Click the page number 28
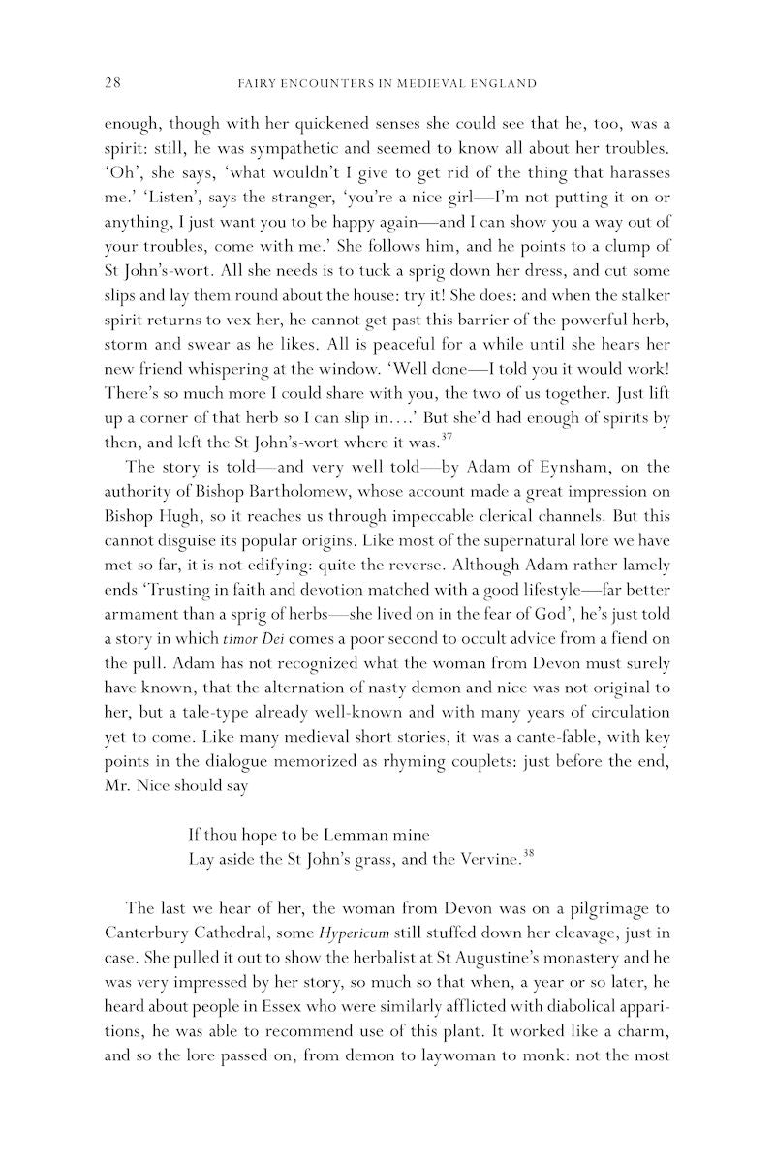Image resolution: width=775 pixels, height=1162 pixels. (x=111, y=84)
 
